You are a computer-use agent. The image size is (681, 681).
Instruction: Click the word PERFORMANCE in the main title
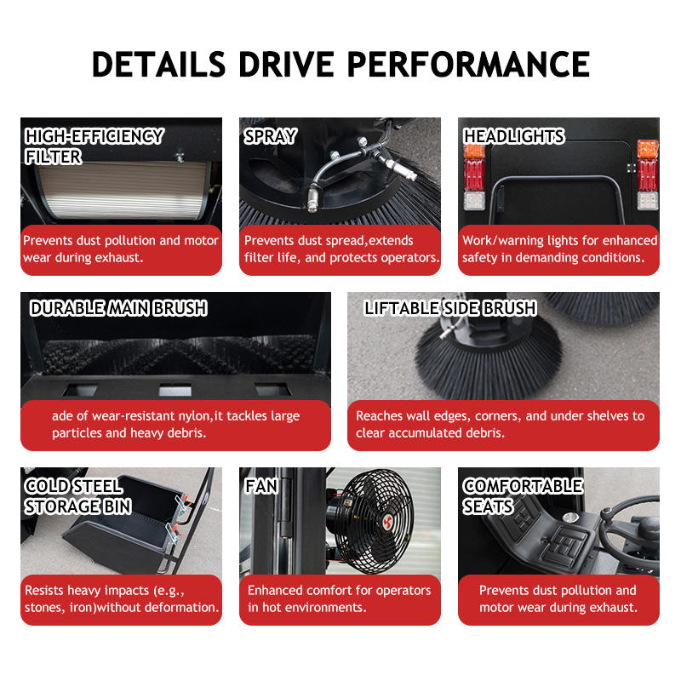(468, 65)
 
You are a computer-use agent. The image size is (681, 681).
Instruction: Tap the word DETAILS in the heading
(158, 65)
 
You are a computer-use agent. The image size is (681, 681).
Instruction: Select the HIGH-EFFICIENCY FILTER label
(94, 146)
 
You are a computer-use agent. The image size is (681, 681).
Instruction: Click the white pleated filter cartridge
(122, 190)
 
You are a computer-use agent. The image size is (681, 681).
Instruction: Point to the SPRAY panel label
(270, 136)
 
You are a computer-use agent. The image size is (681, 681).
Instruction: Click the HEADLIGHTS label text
(514, 136)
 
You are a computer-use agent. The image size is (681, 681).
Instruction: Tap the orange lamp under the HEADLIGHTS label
(474, 152)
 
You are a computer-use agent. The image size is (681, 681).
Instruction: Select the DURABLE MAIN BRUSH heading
(118, 308)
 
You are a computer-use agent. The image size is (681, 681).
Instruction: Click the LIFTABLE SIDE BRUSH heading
(450, 308)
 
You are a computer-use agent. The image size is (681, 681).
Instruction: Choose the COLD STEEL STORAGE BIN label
(77, 496)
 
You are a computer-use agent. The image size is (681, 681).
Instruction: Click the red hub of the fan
(387, 521)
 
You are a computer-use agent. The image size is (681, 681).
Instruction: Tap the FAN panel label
(261, 486)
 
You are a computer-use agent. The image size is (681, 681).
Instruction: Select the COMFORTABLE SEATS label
(523, 496)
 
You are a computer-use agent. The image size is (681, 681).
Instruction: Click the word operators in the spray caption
(410, 258)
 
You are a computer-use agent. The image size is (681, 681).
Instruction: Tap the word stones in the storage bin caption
(45, 607)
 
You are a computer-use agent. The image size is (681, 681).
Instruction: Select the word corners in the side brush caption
(498, 416)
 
